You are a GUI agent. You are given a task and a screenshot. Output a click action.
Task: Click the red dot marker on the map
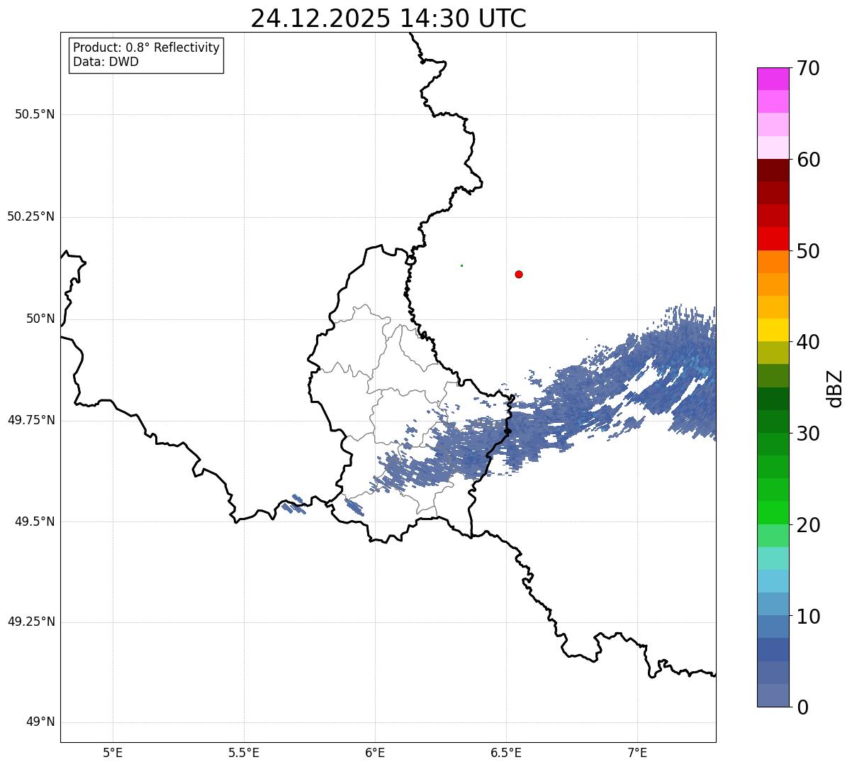coord(519,274)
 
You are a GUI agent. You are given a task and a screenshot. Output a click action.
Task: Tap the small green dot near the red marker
coord(461,265)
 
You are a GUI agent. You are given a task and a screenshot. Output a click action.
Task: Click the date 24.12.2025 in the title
coord(320,18)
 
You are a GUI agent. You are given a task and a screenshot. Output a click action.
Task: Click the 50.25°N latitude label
coord(30,216)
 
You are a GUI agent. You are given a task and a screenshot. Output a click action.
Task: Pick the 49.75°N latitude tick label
coord(30,420)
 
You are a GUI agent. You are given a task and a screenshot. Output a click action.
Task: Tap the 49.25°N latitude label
coord(30,622)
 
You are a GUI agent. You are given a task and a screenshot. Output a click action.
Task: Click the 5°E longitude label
coord(113,752)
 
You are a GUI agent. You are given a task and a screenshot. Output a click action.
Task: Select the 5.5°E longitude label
coord(244,752)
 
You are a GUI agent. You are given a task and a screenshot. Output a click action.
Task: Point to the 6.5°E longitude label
coord(506,752)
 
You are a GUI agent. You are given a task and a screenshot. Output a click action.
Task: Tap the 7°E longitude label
coord(637,752)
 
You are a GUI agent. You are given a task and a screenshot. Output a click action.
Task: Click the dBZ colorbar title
coord(835,388)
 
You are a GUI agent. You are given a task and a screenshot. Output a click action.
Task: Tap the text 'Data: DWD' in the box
coord(106,62)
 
